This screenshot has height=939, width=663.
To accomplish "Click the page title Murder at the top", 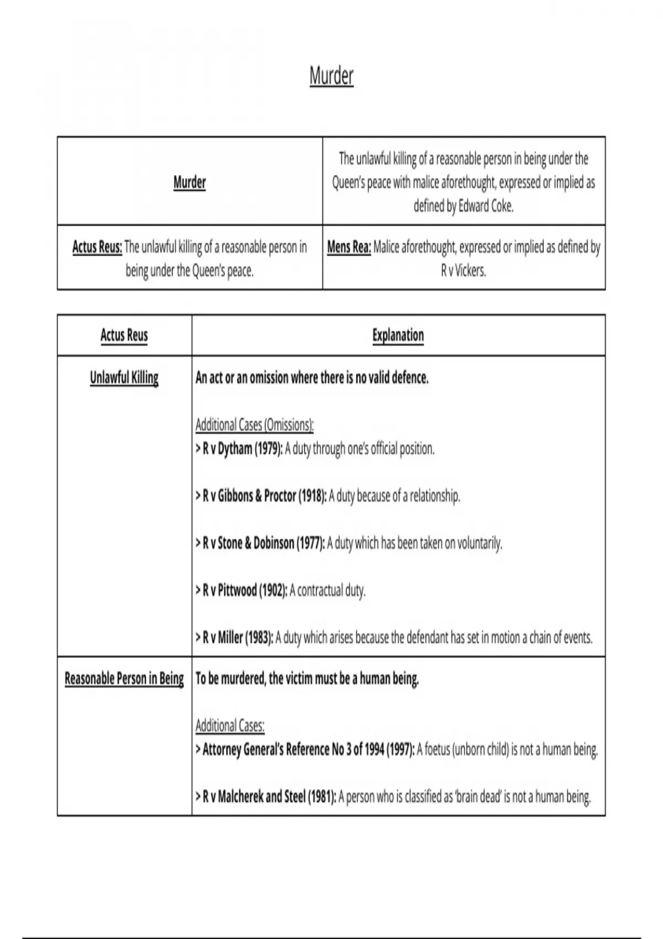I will [331, 76].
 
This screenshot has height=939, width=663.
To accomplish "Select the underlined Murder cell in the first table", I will [190, 182].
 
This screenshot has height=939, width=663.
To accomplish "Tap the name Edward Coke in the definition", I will [486, 206].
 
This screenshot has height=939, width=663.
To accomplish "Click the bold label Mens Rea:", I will [349, 247].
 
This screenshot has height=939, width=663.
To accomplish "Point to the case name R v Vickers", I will [464, 271].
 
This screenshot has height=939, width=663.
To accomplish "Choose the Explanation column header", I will [398, 335].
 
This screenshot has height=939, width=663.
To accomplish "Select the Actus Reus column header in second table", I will [124, 335].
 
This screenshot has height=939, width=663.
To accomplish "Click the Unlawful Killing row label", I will [124, 378].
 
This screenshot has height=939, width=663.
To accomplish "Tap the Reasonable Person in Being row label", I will [124, 678].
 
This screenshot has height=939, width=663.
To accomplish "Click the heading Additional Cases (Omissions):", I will [255, 425].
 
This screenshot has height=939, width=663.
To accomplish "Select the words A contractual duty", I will [328, 590].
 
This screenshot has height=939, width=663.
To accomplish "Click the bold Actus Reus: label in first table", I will [97, 247].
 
